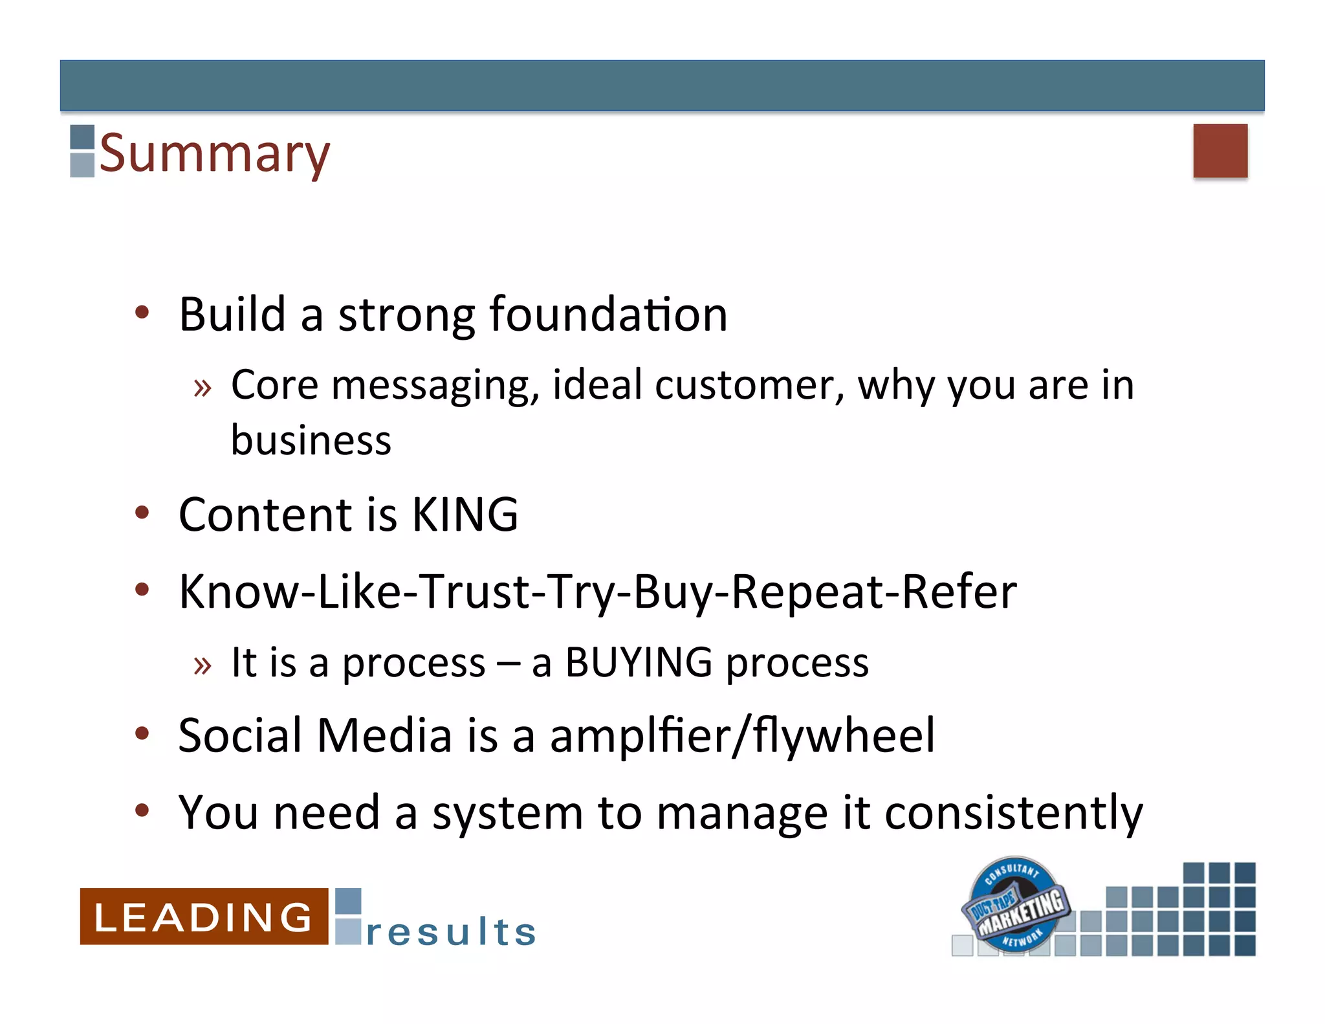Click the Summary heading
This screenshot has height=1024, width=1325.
pyautogui.click(x=214, y=153)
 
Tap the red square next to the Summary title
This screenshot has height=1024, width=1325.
pyautogui.click(x=1220, y=151)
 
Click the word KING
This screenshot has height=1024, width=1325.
pyautogui.click(x=465, y=515)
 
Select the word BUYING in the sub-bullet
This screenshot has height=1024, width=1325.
pyautogui.click(x=639, y=662)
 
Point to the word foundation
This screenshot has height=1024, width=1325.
pyautogui.click(x=608, y=315)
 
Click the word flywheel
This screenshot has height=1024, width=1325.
pyautogui.click(x=844, y=736)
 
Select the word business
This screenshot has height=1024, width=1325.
pyautogui.click(x=311, y=441)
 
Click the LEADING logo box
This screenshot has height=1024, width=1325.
pyautogui.click(x=204, y=917)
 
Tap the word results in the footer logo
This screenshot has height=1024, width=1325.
pyautogui.click(x=451, y=932)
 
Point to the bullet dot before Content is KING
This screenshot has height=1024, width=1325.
pyautogui.click(x=142, y=513)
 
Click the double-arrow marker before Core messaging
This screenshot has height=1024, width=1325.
pyautogui.click(x=203, y=388)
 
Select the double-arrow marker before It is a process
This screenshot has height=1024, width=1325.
pyautogui.click(x=203, y=665)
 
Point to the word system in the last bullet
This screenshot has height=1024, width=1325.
pyautogui.click(x=507, y=813)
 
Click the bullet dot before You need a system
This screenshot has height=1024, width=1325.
pyautogui.click(x=142, y=810)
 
